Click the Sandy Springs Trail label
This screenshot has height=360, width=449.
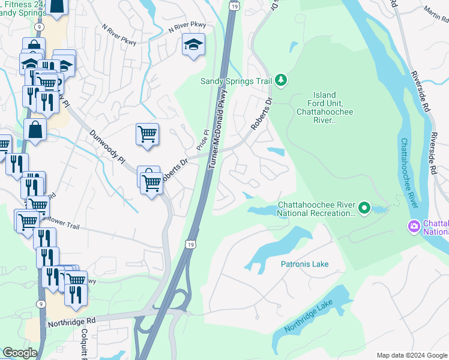[x=235, y=81]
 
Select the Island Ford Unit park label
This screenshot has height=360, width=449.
[x=325, y=107]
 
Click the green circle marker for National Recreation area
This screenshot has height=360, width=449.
[x=364, y=208]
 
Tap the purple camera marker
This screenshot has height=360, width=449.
[x=414, y=227]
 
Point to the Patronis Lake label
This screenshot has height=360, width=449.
[x=304, y=264]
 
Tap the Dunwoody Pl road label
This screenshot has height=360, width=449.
[x=107, y=146]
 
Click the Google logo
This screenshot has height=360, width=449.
[x=20, y=353]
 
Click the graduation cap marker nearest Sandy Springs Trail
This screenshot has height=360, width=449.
[x=193, y=46]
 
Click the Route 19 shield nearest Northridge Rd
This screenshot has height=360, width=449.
[x=190, y=244]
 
